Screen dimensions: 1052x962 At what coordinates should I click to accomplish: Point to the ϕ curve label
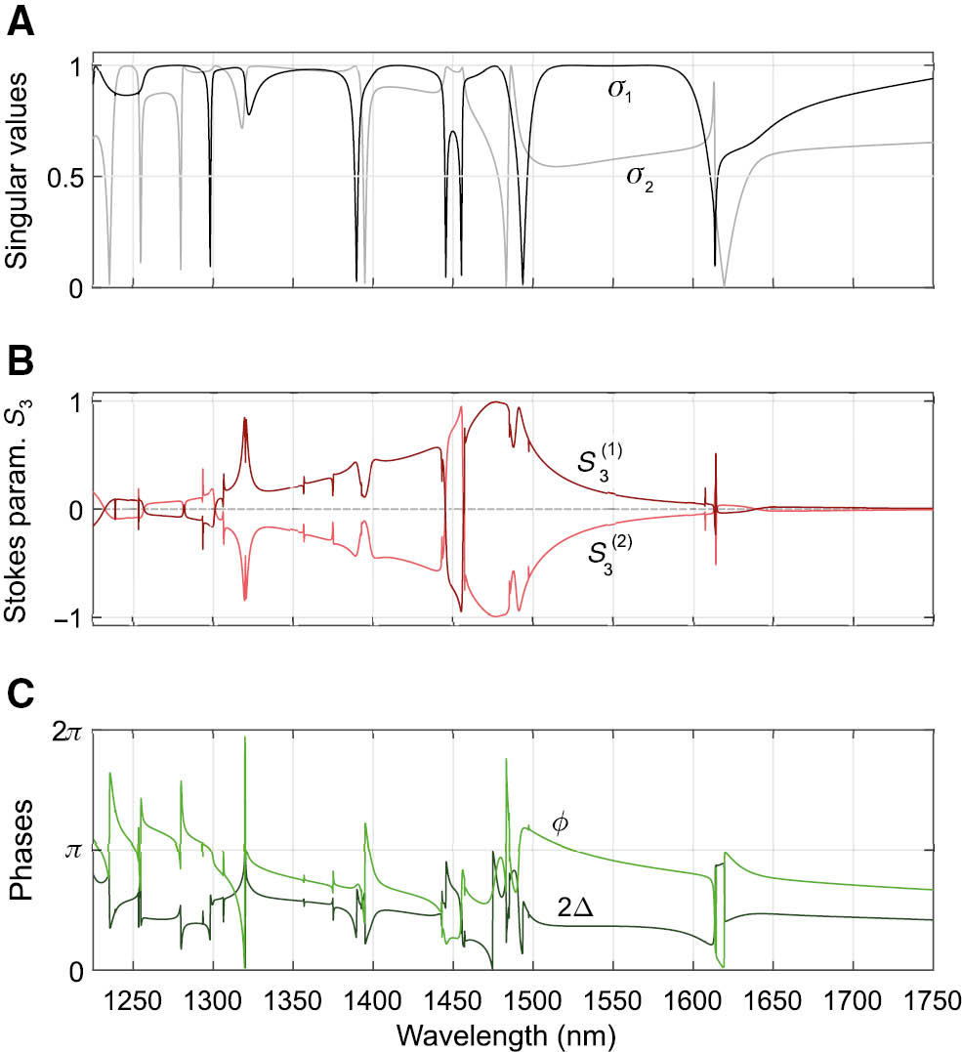point(560,822)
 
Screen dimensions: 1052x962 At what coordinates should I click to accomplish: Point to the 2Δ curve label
point(579,907)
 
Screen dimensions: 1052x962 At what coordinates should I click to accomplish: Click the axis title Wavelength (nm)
point(512,1031)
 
